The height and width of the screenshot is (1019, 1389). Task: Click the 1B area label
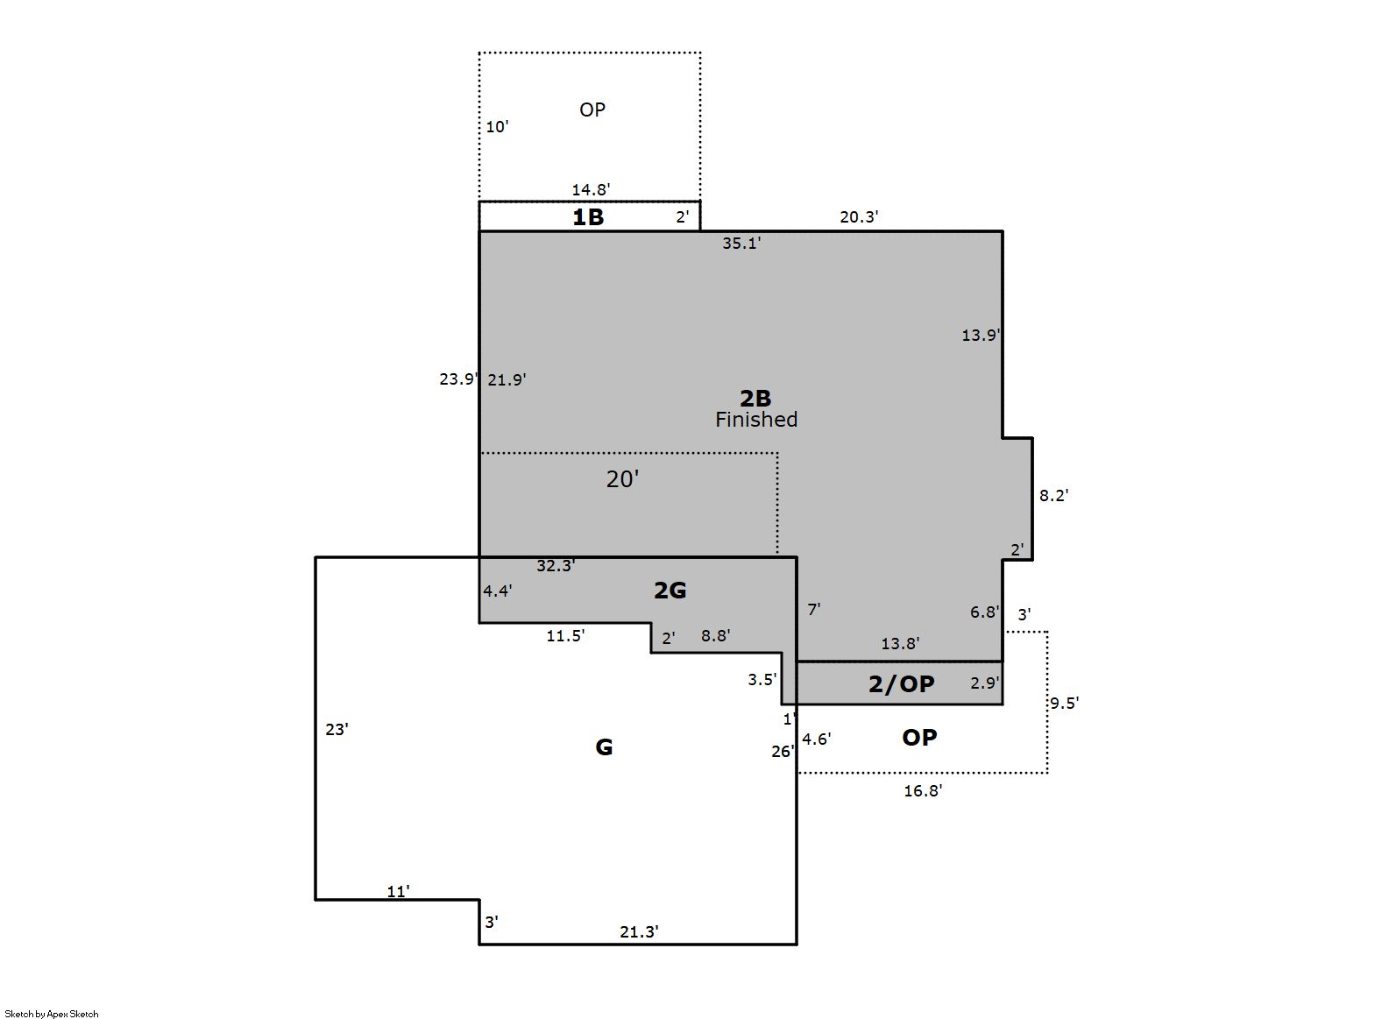588,217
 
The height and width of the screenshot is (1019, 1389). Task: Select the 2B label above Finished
755,398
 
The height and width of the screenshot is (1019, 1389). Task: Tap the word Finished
756,420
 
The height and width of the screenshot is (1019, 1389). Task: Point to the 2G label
670,591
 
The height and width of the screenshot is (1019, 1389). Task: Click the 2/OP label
902,683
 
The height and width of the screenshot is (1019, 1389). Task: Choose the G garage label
604,747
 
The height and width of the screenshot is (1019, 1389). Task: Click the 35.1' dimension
741,244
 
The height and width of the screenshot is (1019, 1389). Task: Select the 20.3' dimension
860,217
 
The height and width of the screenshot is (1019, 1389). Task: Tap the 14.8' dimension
591,189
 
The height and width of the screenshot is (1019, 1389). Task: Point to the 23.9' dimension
459,379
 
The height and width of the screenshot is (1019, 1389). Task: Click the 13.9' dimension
981,336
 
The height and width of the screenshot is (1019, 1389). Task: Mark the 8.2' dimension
1054,495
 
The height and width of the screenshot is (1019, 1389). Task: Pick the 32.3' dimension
556,565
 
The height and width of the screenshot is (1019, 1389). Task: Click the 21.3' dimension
640,931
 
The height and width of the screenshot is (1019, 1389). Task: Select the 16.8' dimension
924,791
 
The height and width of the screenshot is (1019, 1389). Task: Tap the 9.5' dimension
1065,704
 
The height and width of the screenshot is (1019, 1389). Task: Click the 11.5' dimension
565,636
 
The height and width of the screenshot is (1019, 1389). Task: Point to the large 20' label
622,479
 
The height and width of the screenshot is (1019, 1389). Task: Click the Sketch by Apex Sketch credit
52,1014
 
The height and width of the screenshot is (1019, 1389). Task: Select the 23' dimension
337,730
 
